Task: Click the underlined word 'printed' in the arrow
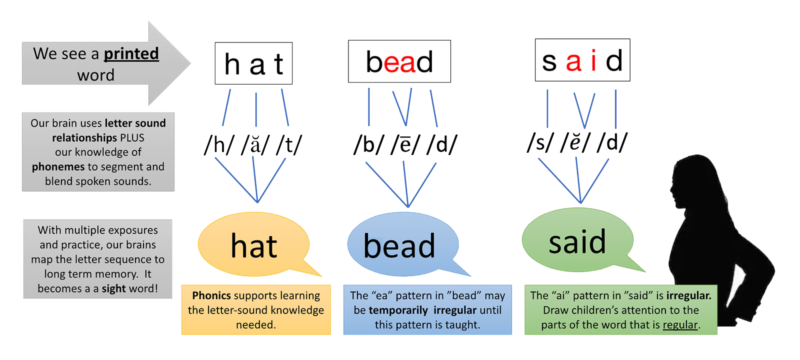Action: coord(131,54)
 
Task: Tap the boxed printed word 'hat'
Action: coord(253,63)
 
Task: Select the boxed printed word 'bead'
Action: coord(399,62)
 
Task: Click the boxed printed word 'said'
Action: coord(582,60)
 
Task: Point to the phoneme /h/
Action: coord(219,145)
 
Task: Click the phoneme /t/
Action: coord(289,145)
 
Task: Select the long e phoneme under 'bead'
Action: coord(405,145)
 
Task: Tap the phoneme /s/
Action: coord(540,143)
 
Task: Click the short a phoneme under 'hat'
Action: coord(255,145)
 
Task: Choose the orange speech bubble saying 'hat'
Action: coord(254,245)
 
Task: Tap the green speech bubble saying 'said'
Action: coord(577,241)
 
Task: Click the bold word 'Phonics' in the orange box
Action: coord(211,295)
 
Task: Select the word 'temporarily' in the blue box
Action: coord(398,310)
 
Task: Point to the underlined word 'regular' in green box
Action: coord(680,325)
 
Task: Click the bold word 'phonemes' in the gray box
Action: coord(58,166)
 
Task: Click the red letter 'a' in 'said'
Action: coord(573,61)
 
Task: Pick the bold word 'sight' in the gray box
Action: coord(113,288)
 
